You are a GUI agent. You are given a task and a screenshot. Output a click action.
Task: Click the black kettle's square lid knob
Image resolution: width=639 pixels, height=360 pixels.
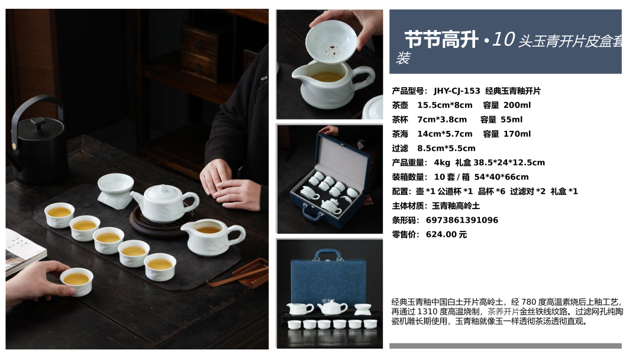pos(38,123)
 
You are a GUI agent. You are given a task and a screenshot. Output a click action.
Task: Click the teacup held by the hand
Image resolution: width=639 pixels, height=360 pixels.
pos(76,281)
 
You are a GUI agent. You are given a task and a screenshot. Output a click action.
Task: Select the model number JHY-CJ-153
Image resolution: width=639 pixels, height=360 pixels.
pos(457,91)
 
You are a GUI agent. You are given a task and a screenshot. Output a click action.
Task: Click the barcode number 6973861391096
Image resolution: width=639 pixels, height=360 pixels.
pos(461,220)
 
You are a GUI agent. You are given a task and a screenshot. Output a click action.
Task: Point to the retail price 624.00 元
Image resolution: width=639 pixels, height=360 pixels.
pos(446,234)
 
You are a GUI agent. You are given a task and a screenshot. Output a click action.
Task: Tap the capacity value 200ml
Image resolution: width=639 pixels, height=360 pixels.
pos(517,105)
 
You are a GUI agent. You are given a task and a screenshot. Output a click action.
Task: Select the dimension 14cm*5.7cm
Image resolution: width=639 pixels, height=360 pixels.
pos(444,134)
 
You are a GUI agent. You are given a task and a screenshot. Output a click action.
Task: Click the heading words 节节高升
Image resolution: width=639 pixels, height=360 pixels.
pos(441,40)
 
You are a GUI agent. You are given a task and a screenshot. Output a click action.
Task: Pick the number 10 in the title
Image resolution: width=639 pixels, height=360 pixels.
pos(504,40)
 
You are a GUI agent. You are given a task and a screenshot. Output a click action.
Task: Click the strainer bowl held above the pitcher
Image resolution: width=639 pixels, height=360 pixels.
pos(331,41)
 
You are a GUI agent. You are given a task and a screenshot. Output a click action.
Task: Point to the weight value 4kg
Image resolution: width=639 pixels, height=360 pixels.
pos(442,163)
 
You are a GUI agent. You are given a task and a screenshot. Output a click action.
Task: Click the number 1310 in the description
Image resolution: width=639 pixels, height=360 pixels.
pos(428,312)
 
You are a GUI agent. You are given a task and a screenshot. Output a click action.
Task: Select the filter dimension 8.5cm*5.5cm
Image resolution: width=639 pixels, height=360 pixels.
pos(446,149)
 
